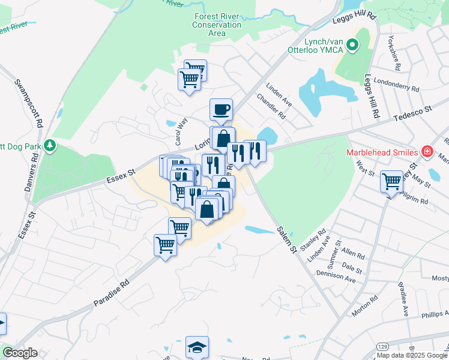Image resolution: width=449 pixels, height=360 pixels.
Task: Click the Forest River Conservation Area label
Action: [217, 25]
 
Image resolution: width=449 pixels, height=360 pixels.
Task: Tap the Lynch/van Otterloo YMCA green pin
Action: [353, 44]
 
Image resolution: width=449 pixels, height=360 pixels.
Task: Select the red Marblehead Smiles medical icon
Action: [427, 151]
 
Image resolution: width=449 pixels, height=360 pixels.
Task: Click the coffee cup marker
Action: [221, 109]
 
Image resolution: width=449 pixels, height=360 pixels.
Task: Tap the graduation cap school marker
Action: [196, 347]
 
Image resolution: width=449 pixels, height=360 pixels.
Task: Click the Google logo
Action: [20, 353]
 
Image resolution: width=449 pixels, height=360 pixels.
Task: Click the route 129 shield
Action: [382, 347]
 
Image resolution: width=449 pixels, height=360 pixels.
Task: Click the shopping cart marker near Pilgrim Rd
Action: [391, 180]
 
